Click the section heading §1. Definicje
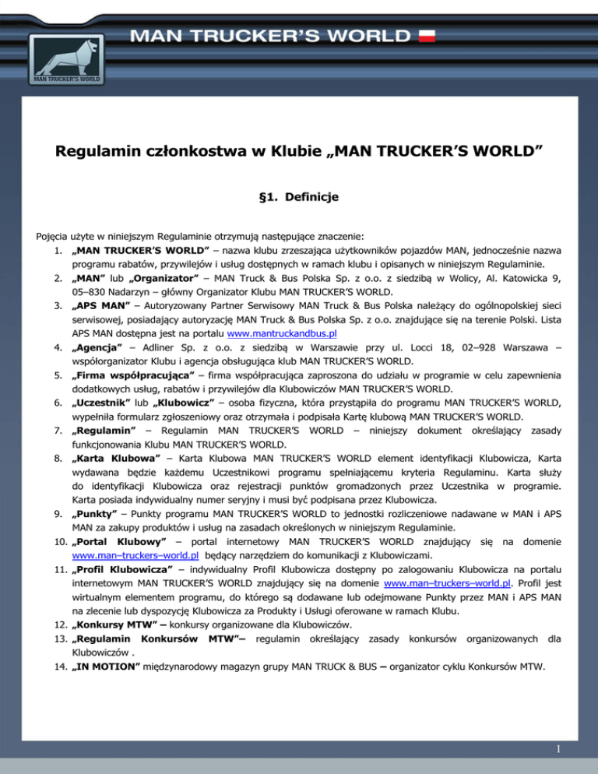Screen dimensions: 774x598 coord(299,199)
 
